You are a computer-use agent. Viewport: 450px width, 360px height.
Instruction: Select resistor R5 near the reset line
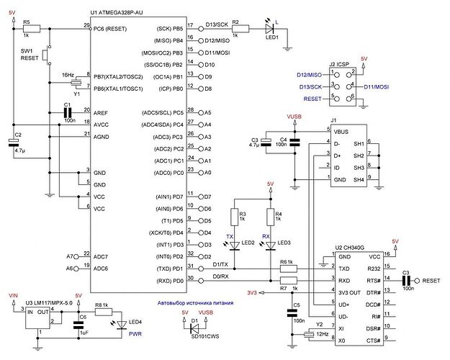(27, 30)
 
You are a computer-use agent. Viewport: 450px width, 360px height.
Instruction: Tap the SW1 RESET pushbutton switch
(46, 54)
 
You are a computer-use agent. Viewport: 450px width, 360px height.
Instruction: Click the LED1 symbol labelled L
(271, 30)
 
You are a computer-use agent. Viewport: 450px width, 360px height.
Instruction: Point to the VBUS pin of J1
(341, 130)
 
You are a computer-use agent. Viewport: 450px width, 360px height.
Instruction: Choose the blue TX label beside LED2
(230, 236)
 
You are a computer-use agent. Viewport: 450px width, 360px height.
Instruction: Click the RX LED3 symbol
(270, 245)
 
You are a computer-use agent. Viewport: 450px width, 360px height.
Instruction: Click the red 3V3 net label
(252, 293)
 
